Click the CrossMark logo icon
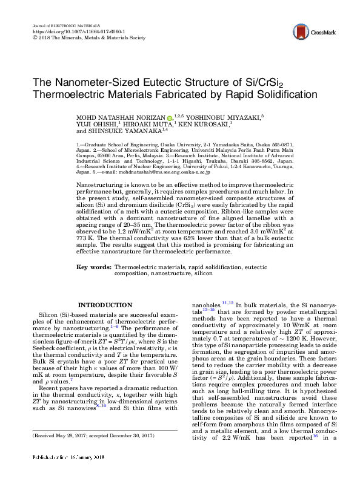tap(299, 32)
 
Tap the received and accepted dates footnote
tap(94, 452)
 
